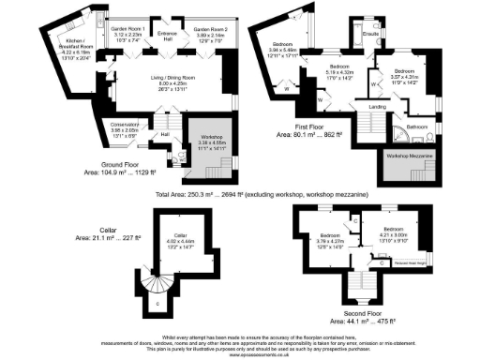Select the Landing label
tap(375, 105)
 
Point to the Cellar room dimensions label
tap(177, 242)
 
